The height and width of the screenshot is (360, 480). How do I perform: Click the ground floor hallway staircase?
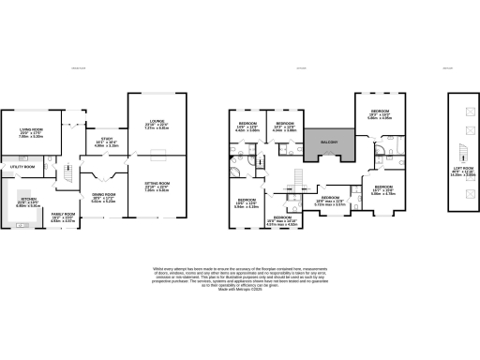(x=70, y=174)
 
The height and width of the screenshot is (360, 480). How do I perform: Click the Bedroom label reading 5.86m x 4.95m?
(x=379, y=116)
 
